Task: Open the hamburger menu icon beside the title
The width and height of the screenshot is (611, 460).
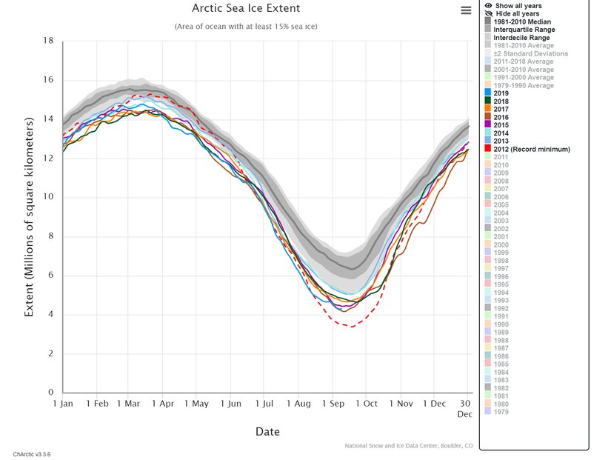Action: pyautogui.click(x=466, y=10)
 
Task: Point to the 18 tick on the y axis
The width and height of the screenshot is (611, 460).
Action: pyautogui.click(x=49, y=41)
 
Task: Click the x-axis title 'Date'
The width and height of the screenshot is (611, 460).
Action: pyautogui.click(x=267, y=431)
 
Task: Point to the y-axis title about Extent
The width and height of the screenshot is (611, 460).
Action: pyautogui.click(x=30, y=216)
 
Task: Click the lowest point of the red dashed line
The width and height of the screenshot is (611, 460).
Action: pyautogui.click(x=350, y=326)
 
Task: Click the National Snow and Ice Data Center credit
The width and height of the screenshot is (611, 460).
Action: pyautogui.click(x=408, y=445)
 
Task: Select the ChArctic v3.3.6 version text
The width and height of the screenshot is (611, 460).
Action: pyautogui.click(x=32, y=453)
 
